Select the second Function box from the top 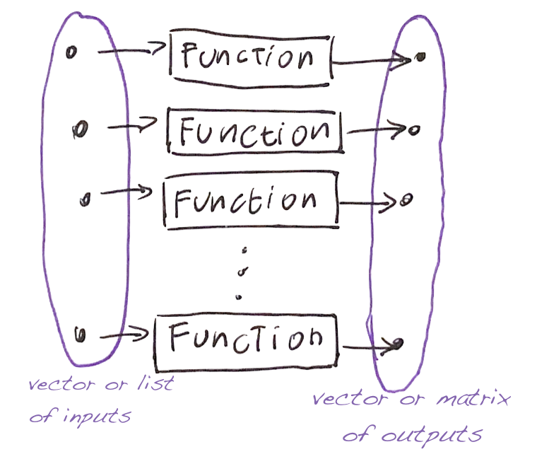click(254, 131)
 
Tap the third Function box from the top click(251, 202)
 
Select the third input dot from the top click(85, 199)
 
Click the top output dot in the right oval click(419, 56)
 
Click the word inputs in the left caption click(98, 417)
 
